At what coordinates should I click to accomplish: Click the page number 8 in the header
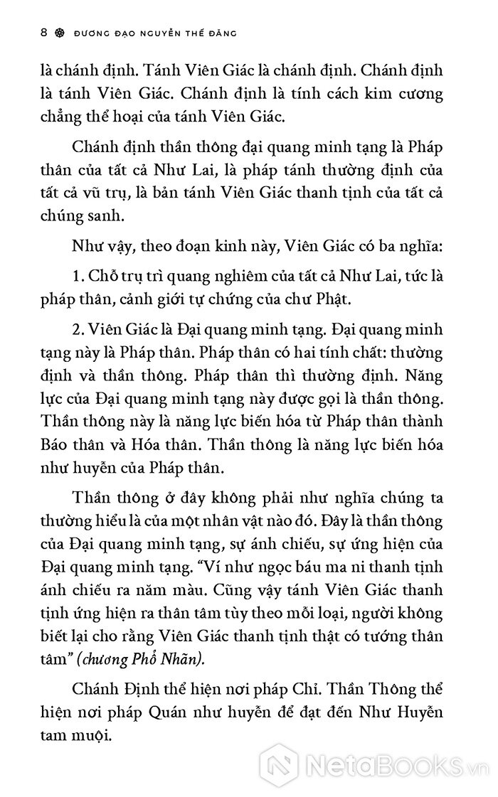click(25, 33)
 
